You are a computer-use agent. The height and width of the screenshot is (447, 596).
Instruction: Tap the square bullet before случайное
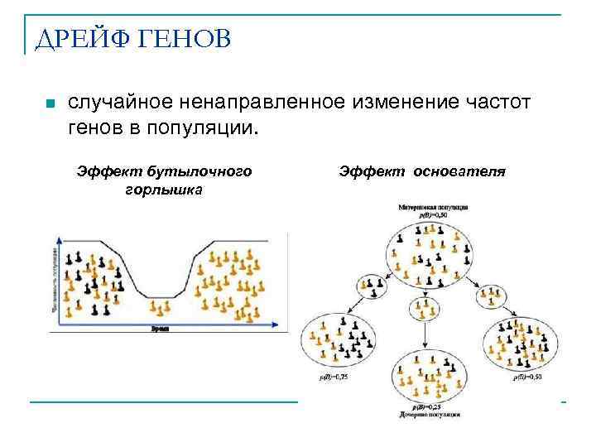click(x=50, y=105)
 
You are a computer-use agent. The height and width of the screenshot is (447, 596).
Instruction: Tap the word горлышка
click(x=164, y=188)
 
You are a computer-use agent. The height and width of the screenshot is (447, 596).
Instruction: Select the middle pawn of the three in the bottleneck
click(x=161, y=307)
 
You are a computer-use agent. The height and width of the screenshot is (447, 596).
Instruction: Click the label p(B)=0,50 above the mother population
click(x=433, y=215)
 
